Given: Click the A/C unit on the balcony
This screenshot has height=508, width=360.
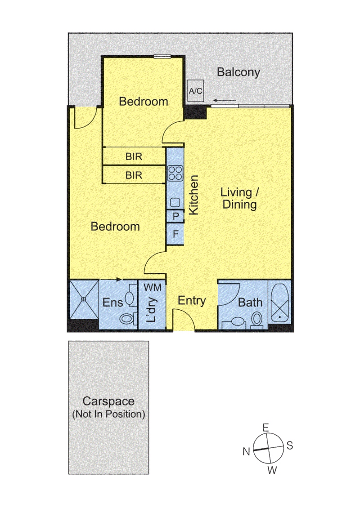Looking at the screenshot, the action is tap(196, 91).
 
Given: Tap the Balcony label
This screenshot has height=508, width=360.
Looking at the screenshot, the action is tap(238, 72).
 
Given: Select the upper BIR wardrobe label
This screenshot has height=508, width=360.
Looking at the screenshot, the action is tap(134, 157).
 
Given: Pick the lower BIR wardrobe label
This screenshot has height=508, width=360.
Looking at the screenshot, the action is tap(134, 175).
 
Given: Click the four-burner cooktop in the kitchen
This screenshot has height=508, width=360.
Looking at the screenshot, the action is tap(175, 174).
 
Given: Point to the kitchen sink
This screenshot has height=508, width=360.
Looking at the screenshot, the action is tap(175, 203).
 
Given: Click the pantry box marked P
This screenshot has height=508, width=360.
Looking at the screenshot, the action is tap(175, 216).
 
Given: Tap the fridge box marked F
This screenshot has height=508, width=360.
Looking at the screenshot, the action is tap(175, 234).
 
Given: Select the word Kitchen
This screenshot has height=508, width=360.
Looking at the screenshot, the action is tap(193, 195).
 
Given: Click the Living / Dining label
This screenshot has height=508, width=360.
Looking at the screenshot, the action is tap(239, 198).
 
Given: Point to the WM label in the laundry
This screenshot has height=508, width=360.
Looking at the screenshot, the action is tap(152, 287).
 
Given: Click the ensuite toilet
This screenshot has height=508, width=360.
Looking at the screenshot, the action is tap(128, 319).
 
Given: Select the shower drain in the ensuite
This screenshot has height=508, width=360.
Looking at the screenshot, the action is tap(84, 299).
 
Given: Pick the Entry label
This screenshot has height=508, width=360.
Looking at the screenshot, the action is tap(192, 301).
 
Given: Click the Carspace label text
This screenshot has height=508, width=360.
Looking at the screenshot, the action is tap(108, 401).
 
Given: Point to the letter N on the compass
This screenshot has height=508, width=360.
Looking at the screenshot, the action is tap(247, 451).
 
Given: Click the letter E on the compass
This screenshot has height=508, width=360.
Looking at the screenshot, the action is tap(265, 428).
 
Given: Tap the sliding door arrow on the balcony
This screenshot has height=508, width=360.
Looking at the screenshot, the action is tap(225, 100).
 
